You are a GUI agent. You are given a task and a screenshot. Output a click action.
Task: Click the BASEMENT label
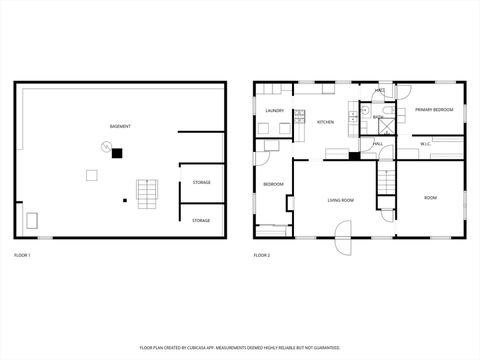point(121,126)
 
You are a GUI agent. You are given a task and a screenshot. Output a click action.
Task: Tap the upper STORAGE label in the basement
point(201,182)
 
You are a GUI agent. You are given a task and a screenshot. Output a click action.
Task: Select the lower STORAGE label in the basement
point(201,220)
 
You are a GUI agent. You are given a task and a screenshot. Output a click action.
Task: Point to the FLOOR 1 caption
point(22,257)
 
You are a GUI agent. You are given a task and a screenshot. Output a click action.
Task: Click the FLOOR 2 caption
point(262,257)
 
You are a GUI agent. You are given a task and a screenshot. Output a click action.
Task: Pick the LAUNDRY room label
point(275,111)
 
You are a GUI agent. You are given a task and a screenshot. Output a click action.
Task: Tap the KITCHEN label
point(326,122)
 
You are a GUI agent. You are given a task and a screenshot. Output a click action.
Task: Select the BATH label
point(378,118)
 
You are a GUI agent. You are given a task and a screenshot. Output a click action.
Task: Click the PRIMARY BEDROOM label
point(434,109)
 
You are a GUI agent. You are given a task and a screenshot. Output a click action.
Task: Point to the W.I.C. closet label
point(425,144)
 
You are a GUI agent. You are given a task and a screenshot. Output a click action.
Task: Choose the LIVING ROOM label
point(341,200)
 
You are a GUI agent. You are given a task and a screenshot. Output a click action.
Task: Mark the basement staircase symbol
point(147,192)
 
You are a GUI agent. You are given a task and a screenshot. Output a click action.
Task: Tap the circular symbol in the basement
point(103,147)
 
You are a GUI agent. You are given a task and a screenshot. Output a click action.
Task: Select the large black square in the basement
point(117,153)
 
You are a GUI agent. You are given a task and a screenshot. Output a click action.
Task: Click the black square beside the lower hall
point(355,155)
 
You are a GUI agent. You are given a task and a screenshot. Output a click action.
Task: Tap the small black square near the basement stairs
point(125,200)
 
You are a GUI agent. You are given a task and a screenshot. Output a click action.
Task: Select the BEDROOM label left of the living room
point(274,184)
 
